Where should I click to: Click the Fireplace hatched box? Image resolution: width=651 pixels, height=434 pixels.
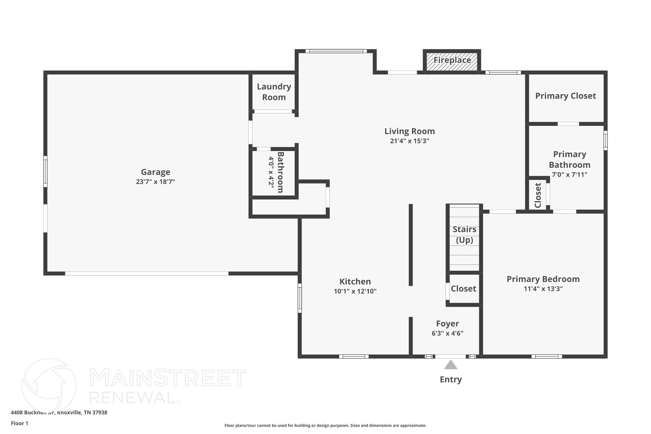(452, 61)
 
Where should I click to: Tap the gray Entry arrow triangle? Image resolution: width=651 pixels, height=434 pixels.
(450, 365)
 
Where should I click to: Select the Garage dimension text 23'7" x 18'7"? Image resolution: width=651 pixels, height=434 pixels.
(155, 182)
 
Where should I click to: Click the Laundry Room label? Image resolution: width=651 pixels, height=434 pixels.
(274, 92)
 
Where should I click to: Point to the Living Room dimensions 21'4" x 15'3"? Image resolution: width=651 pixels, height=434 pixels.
(409, 141)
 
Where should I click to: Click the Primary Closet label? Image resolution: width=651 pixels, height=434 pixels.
(565, 96)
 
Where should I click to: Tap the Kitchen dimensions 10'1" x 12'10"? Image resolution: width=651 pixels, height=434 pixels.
(355, 291)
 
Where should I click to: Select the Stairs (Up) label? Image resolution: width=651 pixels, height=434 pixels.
(464, 235)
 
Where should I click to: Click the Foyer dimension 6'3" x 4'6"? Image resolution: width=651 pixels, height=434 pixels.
(447, 334)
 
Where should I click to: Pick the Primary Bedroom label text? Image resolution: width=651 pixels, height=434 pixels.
(543, 279)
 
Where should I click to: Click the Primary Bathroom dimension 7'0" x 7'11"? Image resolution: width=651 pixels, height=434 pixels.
(569, 175)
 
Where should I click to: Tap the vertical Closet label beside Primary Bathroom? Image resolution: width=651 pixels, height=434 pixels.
(538, 195)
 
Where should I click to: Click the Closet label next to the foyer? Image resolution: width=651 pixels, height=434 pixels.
(463, 289)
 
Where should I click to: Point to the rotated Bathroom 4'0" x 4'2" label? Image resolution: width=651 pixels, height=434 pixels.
(276, 172)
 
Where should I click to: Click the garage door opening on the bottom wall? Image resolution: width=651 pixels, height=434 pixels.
(147, 273)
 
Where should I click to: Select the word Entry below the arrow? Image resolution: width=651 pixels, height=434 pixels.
(450, 380)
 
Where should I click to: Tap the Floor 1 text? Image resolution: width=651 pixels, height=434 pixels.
(19, 424)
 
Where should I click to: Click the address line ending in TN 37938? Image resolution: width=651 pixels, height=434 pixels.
(59, 413)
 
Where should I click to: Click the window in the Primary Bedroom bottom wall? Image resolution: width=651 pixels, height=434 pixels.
(546, 356)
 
